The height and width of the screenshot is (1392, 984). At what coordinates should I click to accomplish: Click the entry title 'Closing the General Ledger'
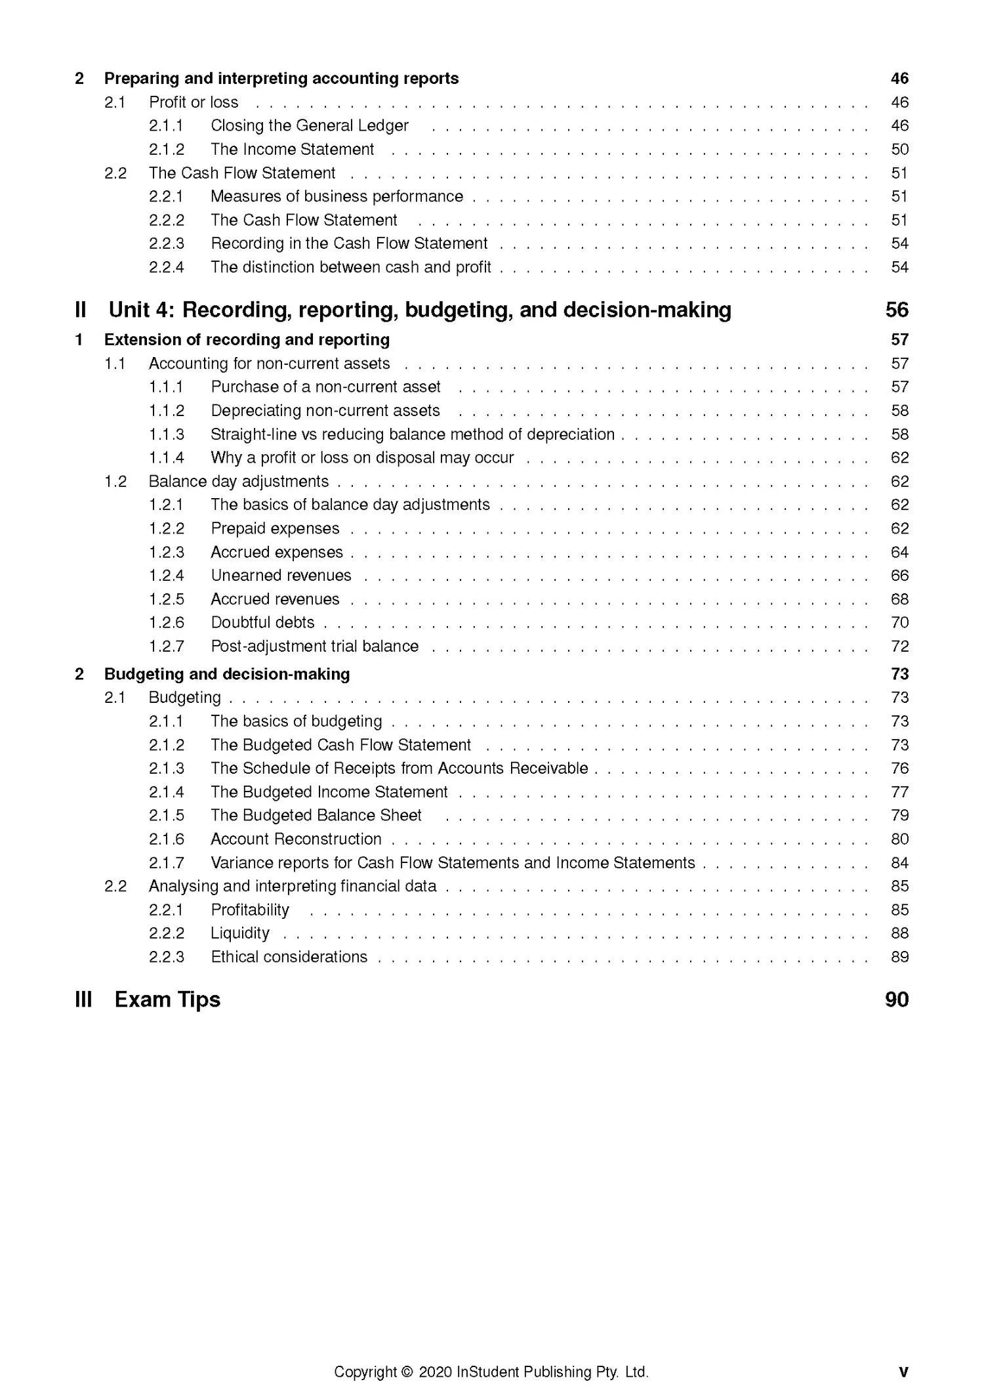tap(309, 125)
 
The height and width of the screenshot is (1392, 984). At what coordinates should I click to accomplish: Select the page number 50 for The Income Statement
tap(899, 150)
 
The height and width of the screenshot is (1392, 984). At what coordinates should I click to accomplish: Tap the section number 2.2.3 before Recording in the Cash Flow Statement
tap(166, 243)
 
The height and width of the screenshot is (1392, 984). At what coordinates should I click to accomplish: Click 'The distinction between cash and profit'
tap(350, 267)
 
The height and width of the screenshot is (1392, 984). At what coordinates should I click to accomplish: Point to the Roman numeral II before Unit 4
tap(81, 310)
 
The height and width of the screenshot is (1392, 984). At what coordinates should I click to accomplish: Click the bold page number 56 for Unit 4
tap(896, 310)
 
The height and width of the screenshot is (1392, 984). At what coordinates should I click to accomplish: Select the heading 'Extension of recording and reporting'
tap(247, 339)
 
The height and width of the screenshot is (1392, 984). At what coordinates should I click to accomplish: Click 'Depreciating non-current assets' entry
tap(325, 411)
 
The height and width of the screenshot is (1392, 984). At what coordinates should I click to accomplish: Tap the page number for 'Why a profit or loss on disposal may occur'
tap(899, 457)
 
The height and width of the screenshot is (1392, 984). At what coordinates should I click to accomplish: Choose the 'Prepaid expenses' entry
tap(275, 528)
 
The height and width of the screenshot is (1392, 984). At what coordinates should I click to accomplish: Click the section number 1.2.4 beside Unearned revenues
tap(166, 576)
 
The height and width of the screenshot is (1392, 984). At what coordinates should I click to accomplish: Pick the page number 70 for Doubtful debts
tap(899, 622)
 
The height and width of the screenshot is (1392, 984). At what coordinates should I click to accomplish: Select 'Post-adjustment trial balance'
tap(314, 646)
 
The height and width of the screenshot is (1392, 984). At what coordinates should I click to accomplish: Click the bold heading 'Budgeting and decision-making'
tap(227, 674)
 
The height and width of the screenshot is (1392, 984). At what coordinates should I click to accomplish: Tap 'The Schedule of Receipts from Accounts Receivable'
tap(399, 769)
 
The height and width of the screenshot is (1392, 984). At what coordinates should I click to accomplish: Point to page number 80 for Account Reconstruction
tap(899, 839)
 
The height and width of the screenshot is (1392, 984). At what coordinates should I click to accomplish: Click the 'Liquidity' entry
tap(239, 933)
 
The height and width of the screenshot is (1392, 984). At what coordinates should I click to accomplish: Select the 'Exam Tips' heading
tap(167, 1000)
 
